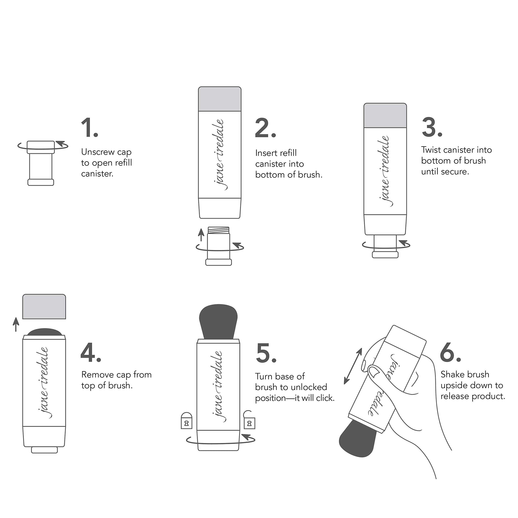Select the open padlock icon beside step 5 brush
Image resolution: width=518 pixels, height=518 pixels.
click(249, 420)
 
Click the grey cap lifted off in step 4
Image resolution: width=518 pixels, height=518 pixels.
click(44, 307)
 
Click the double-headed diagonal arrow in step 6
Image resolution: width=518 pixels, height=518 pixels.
click(353, 366)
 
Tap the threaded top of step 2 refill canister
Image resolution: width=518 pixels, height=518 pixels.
click(219, 230)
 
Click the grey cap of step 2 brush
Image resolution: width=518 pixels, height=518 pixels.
click(220, 99)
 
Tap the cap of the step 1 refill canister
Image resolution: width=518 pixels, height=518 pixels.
click(41, 147)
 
